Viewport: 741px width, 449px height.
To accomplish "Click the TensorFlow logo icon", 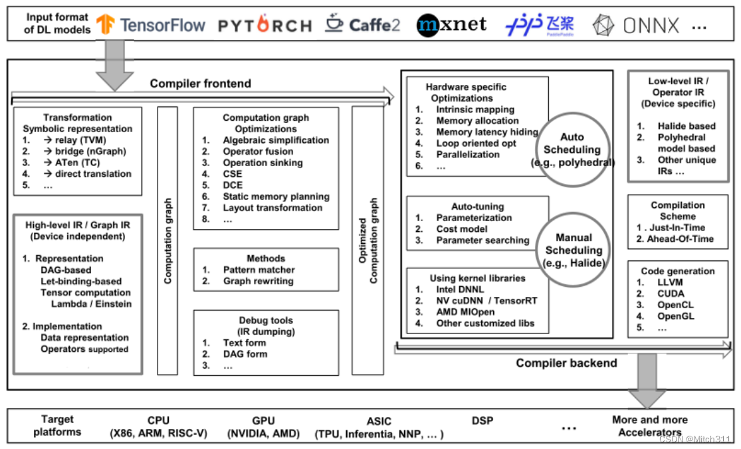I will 106,25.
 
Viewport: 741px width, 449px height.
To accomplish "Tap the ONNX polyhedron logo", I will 603,26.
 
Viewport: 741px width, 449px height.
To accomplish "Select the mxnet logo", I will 451,25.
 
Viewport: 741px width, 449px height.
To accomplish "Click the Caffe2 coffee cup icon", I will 334,24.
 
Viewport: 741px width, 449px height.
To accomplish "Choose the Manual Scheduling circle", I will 573,250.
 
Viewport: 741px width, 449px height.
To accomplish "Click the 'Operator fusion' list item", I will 258,151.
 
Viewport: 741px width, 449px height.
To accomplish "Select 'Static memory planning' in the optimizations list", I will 276,197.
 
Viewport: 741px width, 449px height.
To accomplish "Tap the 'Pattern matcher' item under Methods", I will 259,270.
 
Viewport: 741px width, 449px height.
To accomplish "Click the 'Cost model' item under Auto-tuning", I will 462,229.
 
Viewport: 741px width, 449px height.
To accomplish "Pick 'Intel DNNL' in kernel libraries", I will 460,290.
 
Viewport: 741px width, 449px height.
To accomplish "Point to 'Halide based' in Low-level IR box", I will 687,126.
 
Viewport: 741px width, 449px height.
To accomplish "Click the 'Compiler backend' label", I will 566,363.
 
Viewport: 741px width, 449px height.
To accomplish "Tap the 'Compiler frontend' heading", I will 200,84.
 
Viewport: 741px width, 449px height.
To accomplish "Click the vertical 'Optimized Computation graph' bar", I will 367,240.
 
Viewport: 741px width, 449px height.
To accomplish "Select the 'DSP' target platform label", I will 482,420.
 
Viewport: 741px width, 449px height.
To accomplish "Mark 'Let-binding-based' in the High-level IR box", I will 80,282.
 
